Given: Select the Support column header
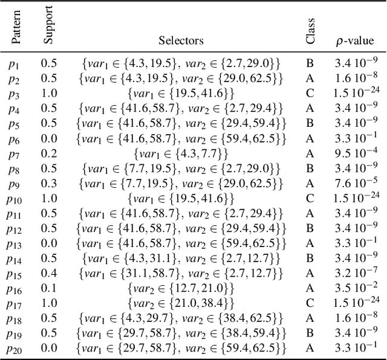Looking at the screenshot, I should pos(48,26).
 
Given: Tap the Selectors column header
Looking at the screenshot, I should pos(181,41).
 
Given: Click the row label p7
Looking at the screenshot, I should pos(15,153).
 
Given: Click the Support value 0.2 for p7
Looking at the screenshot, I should pos(48,153).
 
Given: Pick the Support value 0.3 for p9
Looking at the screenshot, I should pos(48,183).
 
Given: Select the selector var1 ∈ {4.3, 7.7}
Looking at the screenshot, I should pos(181,153).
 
